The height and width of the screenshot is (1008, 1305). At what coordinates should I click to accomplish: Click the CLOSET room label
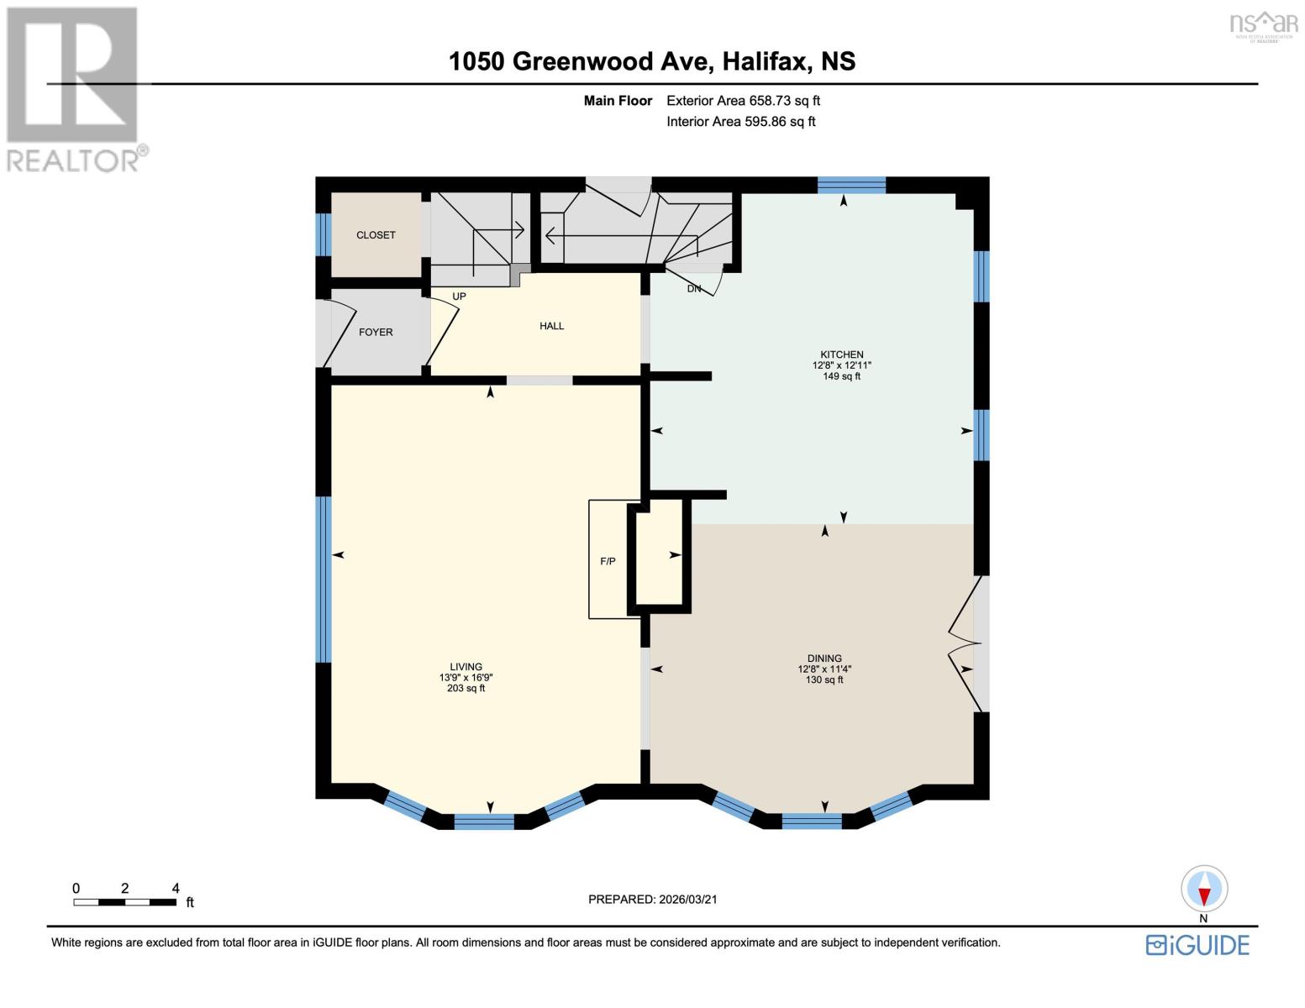click(x=376, y=235)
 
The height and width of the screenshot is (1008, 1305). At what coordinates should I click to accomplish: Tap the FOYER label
click(x=376, y=332)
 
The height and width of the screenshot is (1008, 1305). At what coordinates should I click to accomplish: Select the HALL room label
click(x=551, y=326)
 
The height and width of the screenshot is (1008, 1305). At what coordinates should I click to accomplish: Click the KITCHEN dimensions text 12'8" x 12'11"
click(x=841, y=365)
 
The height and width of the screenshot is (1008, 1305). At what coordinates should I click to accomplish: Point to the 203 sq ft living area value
click(x=466, y=689)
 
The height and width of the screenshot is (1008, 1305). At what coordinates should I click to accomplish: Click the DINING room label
click(x=824, y=659)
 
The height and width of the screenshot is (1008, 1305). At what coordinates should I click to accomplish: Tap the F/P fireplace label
click(x=608, y=561)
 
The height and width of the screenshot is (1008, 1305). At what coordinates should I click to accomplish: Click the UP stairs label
click(x=459, y=297)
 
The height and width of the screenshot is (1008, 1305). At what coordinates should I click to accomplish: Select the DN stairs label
click(x=694, y=289)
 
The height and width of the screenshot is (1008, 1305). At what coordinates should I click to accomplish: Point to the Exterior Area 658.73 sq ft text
click(x=743, y=101)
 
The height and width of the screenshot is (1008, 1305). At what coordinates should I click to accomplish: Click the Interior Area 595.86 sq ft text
click(x=740, y=122)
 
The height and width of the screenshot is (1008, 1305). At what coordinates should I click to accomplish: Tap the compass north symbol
click(x=1204, y=890)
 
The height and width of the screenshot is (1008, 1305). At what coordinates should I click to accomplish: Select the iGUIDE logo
click(x=1197, y=945)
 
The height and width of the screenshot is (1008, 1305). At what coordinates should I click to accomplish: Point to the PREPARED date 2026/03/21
click(x=652, y=900)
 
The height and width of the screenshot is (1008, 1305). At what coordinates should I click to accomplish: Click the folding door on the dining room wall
click(x=966, y=643)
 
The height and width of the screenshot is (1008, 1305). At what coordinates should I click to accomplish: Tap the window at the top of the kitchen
click(x=851, y=185)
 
